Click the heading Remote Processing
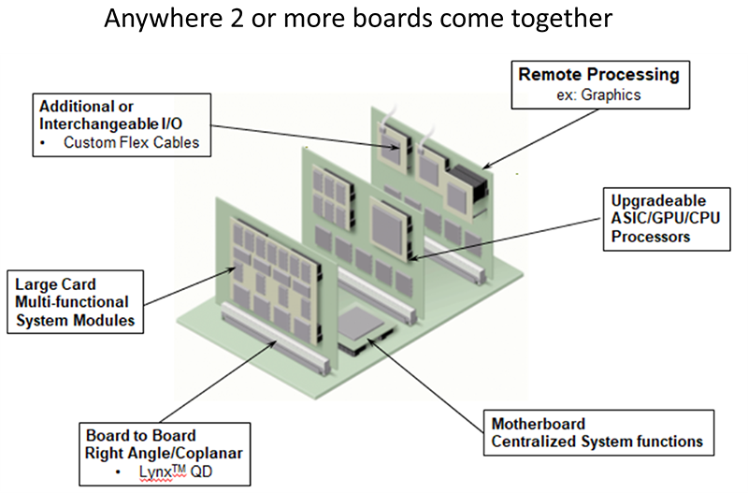click(x=598, y=75)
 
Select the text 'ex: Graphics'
click(x=598, y=94)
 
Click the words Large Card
click(x=55, y=283)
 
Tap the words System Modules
click(x=74, y=321)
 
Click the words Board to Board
click(x=140, y=436)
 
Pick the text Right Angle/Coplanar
click(x=163, y=454)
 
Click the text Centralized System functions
click(x=596, y=441)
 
